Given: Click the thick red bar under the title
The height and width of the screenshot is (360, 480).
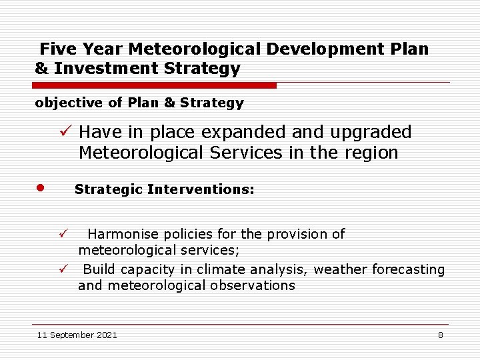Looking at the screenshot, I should coord(155,85).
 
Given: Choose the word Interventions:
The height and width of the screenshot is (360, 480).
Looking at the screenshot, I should coord(201,189).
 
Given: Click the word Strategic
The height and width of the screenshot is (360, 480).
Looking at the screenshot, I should coord(109,189).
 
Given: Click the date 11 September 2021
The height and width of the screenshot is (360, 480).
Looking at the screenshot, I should coord(77,335).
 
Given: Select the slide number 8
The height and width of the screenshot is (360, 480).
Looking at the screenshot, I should coord(440,335).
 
